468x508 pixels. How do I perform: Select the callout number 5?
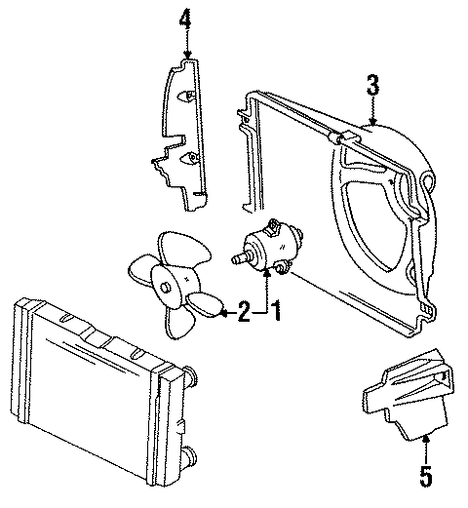tap(424, 479)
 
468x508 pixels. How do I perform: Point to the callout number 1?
tap(276, 312)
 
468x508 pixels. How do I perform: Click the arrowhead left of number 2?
tap(219, 312)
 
